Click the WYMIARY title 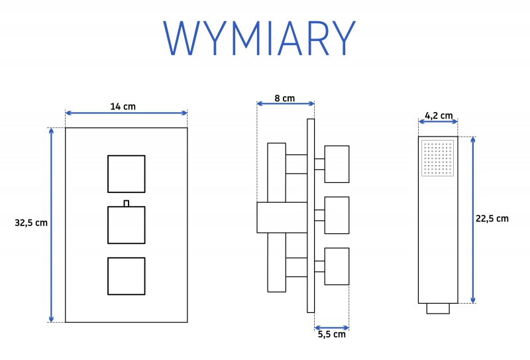(x=259, y=38)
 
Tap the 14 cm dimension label (x=123, y=107)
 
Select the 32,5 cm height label (x=31, y=223)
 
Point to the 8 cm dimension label (x=285, y=99)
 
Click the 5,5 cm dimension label (x=332, y=335)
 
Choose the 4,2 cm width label (x=439, y=116)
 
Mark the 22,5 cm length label (x=492, y=219)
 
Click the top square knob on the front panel (x=127, y=174)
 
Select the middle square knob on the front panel (x=127, y=225)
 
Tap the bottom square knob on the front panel (x=127, y=276)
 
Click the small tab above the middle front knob (x=127, y=204)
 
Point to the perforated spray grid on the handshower (x=438, y=158)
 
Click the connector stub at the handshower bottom (x=438, y=308)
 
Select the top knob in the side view (x=337, y=164)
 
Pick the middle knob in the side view (x=337, y=215)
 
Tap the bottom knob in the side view (x=337, y=267)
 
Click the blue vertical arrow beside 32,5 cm (x=51, y=225)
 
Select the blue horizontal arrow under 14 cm (x=127, y=113)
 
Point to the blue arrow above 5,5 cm (x=332, y=328)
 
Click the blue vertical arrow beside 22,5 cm (x=473, y=220)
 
